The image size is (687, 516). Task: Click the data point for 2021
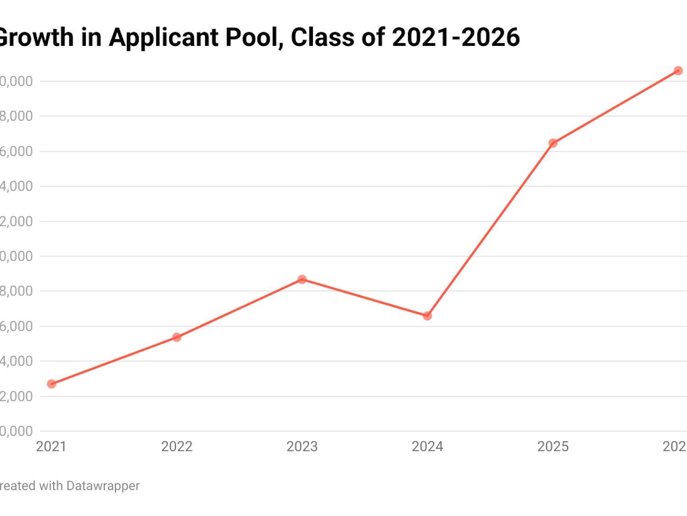point(51,384)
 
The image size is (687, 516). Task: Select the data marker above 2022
point(177,337)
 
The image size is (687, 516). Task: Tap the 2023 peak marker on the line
point(302,279)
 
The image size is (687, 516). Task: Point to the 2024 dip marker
point(427,316)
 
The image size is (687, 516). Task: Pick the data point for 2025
point(553,143)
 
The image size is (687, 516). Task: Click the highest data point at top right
point(678,71)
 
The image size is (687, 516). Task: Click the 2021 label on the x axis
point(51,446)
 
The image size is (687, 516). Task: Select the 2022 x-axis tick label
point(177,446)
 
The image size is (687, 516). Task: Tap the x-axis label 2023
point(302,446)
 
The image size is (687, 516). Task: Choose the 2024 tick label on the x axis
point(427,446)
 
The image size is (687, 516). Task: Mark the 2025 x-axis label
point(553,446)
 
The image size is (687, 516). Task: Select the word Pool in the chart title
point(254,37)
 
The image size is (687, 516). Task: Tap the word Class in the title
point(322,37)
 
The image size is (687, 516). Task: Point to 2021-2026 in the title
point(456,37)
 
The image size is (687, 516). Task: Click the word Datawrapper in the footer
point(103,486)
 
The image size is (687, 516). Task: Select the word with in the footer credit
point(51,486)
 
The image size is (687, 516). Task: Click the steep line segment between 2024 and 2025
point(490,229)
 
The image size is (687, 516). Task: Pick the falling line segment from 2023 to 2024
point(365,298)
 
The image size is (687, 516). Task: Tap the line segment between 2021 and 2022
point(114,361)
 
